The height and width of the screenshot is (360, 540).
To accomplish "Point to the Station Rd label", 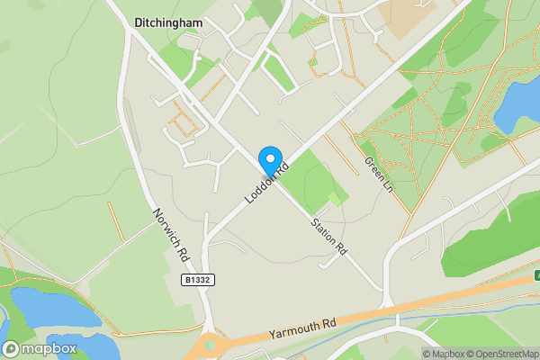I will coord(328,237).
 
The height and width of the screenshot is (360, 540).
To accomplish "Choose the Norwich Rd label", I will coord(171,236).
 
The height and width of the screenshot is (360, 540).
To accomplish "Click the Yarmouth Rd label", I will coord(301,328).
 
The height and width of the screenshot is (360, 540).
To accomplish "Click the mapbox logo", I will coord(40,348).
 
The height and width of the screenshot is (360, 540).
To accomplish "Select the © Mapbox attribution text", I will coord(443,354).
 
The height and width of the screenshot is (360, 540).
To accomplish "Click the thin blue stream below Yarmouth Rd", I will coord(423,317).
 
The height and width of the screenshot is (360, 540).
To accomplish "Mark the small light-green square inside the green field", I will coord(335,198).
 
